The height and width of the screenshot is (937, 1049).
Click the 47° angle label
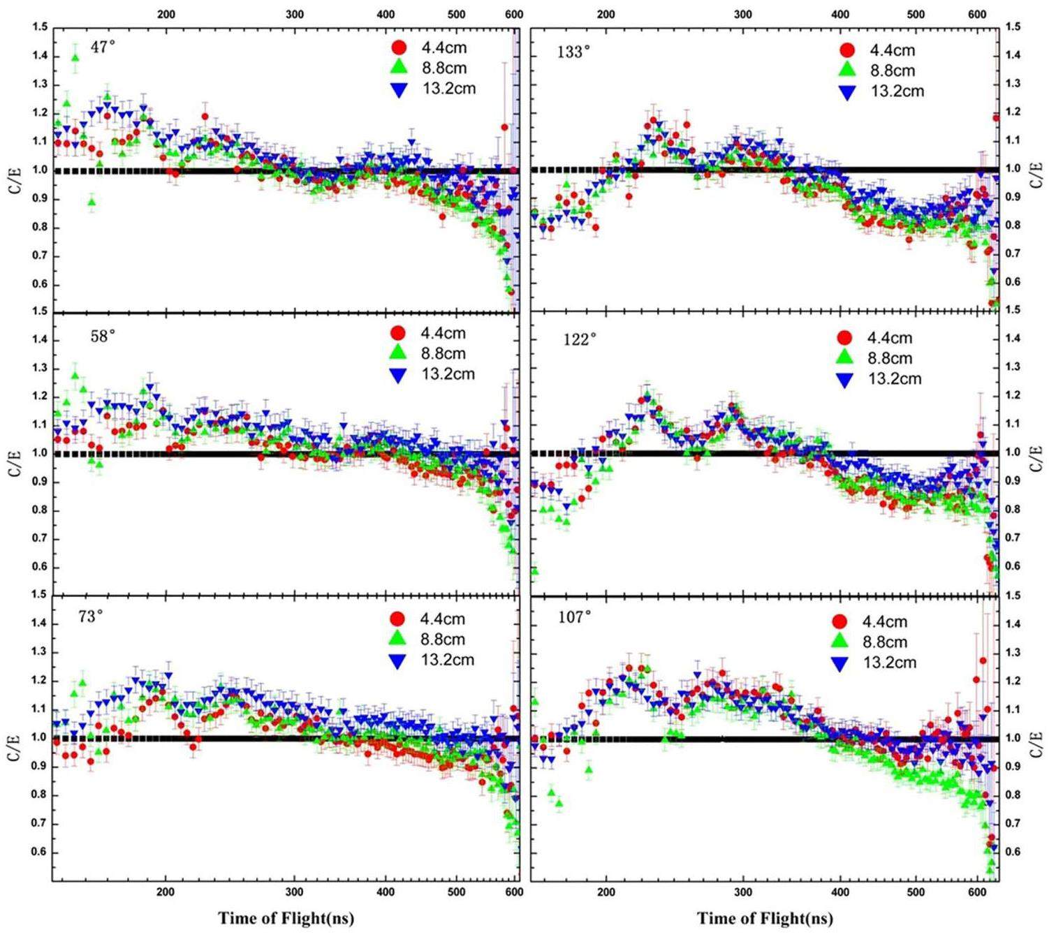(103, 47)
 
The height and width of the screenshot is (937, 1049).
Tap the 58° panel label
(103, 336)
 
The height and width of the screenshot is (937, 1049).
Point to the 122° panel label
(580, 339)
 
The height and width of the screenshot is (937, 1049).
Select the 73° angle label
(91, 617)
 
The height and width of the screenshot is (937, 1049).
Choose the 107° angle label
(575, 617)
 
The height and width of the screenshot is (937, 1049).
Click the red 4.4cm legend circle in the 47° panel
(399, 48)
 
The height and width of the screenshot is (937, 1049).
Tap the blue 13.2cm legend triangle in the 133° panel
(847, 91)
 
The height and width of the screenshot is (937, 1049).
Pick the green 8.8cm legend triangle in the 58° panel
(398, 353)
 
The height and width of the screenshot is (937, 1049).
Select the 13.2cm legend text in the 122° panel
(895, 379)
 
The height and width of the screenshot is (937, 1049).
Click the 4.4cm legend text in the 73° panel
(442, 619)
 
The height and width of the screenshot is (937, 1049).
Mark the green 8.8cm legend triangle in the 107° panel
(839, 642)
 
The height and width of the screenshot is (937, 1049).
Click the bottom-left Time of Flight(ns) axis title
(286, 918)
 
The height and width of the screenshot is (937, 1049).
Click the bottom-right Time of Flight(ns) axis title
(765, 918)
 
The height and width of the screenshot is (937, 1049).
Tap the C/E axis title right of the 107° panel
(1037, 738)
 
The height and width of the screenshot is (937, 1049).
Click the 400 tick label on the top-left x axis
(386, 14)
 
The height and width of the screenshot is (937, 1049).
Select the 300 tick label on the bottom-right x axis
(743, 892)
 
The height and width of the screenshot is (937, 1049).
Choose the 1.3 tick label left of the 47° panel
(40, 84)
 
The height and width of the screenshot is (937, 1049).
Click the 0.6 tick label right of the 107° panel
(1013, 852)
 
